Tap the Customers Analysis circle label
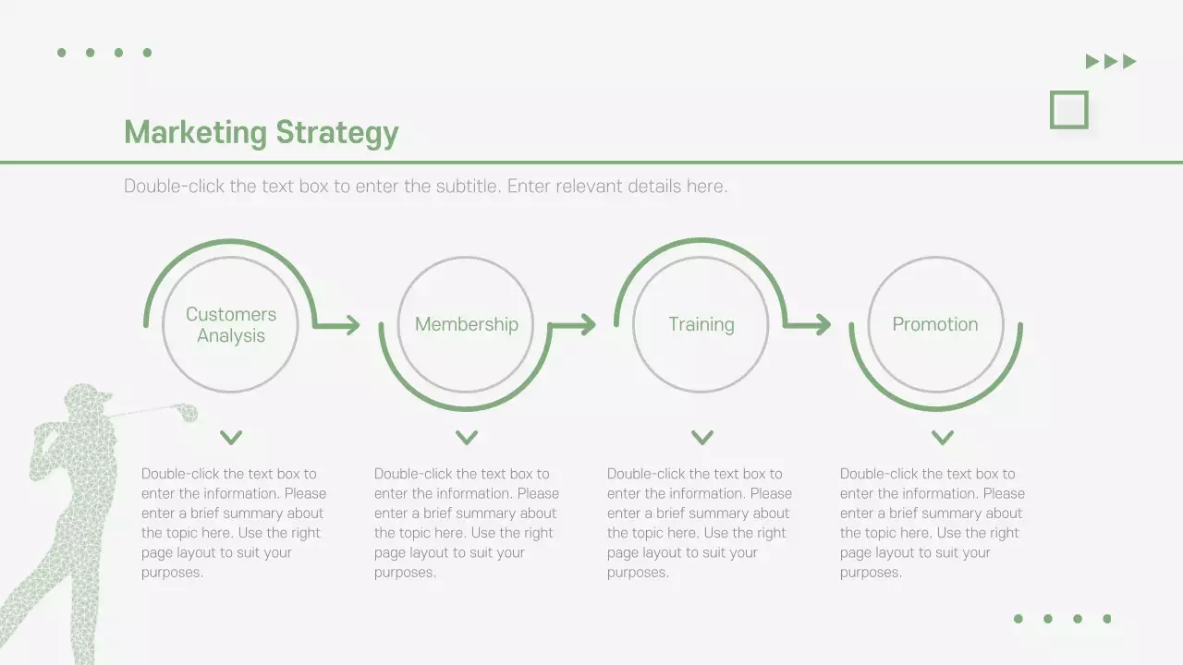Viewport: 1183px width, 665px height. click(231, 325)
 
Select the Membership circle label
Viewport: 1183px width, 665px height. click(466, 324)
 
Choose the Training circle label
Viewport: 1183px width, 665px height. click(701, 324)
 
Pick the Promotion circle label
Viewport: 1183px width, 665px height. click(935, 324)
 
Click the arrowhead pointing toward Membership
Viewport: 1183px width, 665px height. click(352, 324)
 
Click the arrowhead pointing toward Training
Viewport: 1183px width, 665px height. click(588, 324)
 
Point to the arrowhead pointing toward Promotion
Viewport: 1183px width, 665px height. click(823, 324)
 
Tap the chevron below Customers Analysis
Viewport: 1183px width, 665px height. click(231, 437)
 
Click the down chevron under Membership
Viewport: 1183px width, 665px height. click(467, 437)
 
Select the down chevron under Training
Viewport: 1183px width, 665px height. click(702, 437)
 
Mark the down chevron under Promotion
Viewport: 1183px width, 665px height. click(942, 437)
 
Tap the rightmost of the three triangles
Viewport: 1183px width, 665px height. click(1128, 62)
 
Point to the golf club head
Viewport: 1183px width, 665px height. click(189, 413)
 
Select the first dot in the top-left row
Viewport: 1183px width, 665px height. click(62, 53)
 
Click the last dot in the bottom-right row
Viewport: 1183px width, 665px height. click(1107, 619)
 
